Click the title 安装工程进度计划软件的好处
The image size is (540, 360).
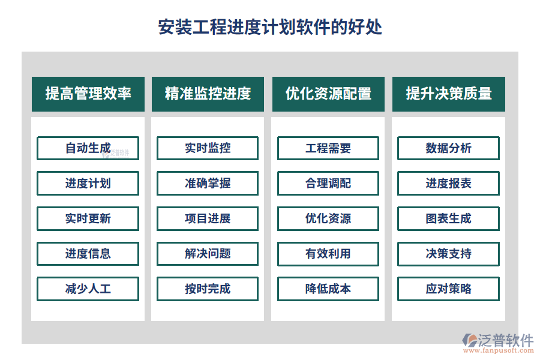point(270,27)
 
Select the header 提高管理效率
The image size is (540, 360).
point(88,94)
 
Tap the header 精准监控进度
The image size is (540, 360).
point(208,94)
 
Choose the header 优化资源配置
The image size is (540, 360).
point(328,94)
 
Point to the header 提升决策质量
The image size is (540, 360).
point(449,94)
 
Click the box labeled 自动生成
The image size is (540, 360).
point(88,148)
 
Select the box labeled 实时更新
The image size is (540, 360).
point(88,218)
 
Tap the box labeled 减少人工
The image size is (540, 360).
point(88,289)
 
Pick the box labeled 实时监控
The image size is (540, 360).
point(208,148)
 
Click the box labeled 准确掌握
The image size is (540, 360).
point(208,183)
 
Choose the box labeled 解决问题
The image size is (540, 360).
point(208,253)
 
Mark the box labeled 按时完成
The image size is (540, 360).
point(208,289)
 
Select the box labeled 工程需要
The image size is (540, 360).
point(328,148)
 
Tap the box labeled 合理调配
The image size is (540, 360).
point(328,183)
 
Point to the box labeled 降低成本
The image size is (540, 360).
point(328,289)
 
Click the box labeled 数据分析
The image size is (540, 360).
point(449,148)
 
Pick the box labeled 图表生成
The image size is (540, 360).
point(449,218)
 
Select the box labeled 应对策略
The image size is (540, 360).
point(449,289)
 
